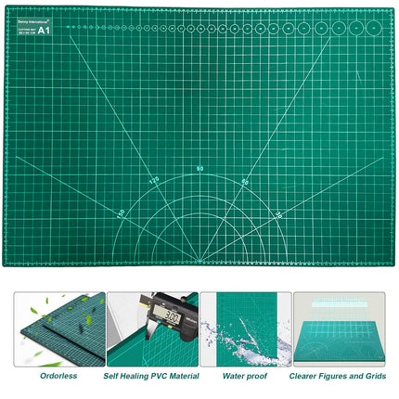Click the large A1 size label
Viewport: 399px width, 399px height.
44,30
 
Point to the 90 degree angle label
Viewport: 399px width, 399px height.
199,168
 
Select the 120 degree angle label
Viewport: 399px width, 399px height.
154,180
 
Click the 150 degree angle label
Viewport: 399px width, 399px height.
121,212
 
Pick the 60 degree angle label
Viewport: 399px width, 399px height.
245,181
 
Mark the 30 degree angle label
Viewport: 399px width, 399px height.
278,213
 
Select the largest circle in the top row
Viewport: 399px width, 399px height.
372,28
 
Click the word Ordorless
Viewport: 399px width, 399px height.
58,377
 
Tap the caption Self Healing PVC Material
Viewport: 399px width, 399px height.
151,377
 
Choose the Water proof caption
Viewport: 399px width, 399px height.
245,377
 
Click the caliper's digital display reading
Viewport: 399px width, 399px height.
167,315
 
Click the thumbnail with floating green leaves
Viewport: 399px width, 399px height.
58,329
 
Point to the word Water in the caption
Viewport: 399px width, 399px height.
235,377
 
